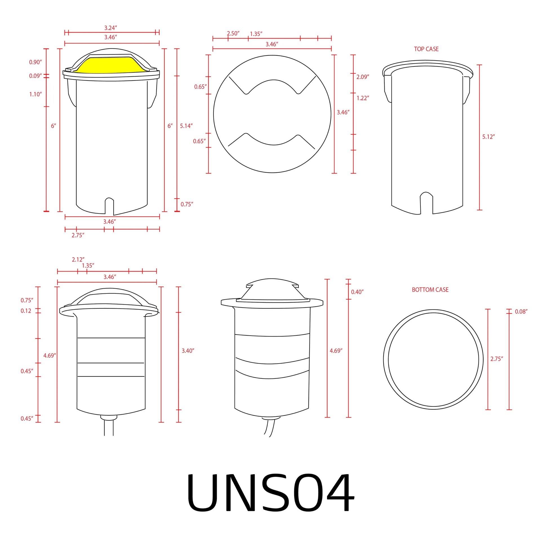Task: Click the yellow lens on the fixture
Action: [x=111, y=66]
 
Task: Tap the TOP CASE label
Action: [x=426, y=49]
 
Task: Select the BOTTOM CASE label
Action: [x=430, y=289]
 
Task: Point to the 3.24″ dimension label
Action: [x=111, y=28]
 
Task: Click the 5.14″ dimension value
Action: [x=186, y=126]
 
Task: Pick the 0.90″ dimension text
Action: [x=35, y=62]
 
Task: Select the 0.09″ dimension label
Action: [x=35, y=76]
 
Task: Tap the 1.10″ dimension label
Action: [x=35, y=94]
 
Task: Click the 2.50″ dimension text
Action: [x=233, y=34]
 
